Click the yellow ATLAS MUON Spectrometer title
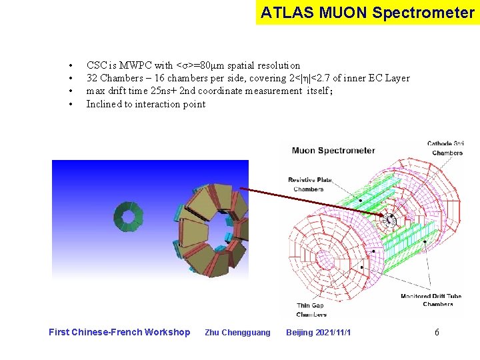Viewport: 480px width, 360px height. [367, 13]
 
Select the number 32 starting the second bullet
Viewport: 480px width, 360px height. [92, 78]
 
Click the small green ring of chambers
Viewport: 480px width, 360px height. [128, 215]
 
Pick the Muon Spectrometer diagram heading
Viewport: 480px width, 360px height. [333, 151]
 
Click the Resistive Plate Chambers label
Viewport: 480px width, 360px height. [309, 185]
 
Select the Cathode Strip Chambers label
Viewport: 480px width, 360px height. [446, 148]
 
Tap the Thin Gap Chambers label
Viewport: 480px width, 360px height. [311, 310]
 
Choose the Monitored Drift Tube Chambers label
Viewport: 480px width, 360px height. [431, 300]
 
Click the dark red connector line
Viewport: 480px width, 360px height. [313, 203]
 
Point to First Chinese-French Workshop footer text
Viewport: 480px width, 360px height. [119, 332]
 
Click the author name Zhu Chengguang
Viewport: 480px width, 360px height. [237, 332]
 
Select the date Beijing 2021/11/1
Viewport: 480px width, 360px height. [318, 332]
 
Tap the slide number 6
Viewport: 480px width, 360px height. [437, 332]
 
